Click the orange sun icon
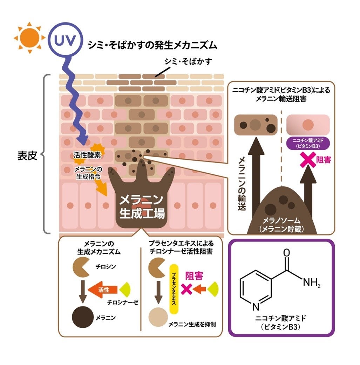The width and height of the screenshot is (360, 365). (29, 38)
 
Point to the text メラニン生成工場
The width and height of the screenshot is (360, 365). (142, 206)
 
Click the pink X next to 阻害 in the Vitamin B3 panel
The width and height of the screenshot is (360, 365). (308, 161)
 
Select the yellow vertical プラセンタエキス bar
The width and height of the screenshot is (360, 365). (174, 289)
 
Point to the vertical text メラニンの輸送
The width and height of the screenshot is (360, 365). (242, 182)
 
